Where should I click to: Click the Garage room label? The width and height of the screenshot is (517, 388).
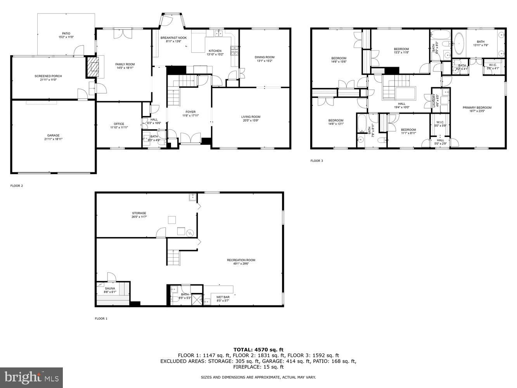[54, 135]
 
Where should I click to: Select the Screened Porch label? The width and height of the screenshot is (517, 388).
[48, 76]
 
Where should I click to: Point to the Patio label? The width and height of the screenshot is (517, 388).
[66, 34]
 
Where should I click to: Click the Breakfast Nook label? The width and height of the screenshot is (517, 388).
[173, 38]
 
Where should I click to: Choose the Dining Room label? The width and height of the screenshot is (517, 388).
[265, 57]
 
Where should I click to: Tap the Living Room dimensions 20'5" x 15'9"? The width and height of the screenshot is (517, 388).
[251, 120]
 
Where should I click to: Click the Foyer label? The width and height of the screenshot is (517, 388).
[190, 112]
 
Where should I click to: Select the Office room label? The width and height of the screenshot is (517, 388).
[119, 124]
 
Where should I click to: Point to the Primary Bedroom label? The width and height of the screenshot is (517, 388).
[477, 108]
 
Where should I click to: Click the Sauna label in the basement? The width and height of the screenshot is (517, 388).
[110, 289]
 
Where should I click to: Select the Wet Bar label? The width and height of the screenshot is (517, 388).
[223, 297]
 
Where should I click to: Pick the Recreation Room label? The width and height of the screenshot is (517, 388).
[241, 260]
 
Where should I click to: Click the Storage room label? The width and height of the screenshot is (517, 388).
[139, 213]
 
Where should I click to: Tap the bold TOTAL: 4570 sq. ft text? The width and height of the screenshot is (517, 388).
[258, 350]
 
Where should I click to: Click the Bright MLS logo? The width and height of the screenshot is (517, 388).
[32, 376]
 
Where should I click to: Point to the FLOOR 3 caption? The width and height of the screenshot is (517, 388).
[316, 161]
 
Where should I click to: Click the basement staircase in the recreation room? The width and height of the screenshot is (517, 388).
[174, 257]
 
